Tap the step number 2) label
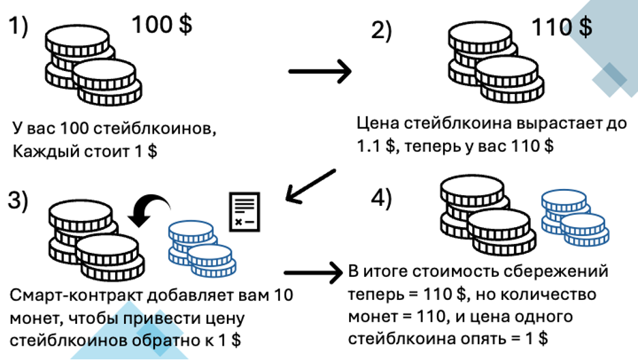(x=382, y=32)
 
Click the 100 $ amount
(x=162, y=25)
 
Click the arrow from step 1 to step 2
(x=320, y=71)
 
